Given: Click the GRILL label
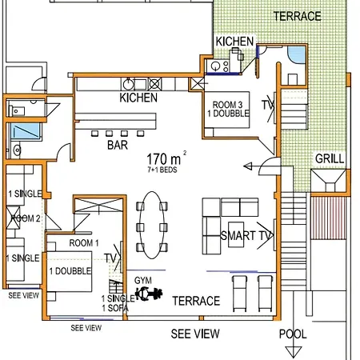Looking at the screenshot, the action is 330,158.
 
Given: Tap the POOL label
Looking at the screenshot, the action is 293,334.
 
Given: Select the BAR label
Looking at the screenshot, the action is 118,145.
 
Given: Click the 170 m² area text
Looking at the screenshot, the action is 166,158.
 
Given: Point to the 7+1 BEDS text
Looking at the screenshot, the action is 162,170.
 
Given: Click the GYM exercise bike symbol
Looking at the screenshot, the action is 149,294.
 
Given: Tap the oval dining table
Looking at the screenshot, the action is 152,225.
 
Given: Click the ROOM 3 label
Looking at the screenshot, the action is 227,104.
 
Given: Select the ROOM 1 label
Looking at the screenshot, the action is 84,243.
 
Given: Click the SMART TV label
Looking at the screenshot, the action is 246,236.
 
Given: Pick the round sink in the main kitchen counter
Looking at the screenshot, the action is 129,84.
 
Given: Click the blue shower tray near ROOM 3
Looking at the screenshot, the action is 297,55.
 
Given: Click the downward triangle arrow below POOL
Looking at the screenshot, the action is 293,352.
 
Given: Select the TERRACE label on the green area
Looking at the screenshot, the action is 298,17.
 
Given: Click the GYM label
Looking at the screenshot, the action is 143,280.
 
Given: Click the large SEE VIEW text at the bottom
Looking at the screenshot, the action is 195,334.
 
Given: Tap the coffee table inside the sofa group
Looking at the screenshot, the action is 236,234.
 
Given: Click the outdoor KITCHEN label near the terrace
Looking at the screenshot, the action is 234,42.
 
